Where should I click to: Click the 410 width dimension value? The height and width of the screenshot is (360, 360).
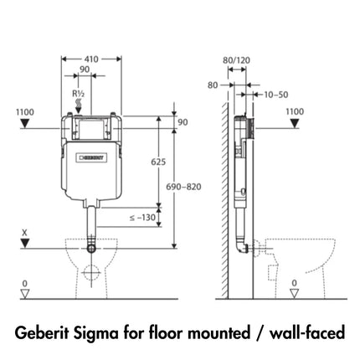pos(91,59)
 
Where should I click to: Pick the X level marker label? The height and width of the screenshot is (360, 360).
pos(25,233)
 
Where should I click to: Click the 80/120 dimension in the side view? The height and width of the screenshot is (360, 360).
pos(238,59)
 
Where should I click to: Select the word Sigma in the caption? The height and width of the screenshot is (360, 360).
pos(106,333)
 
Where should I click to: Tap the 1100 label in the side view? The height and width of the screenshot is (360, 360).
pos(294,110)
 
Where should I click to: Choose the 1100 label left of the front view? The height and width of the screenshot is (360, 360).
pos(26,110)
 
